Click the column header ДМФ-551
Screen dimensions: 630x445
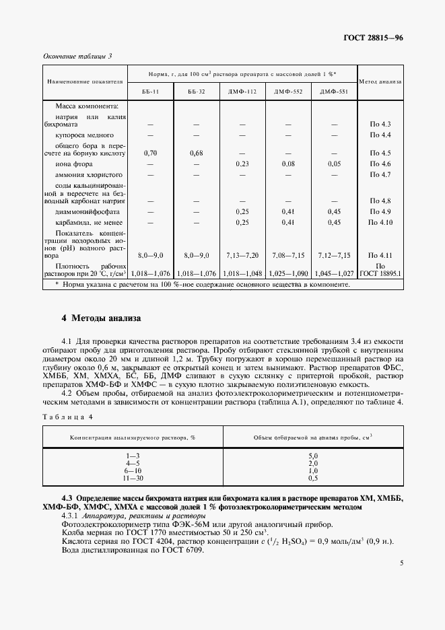pyautogui.click(x=334, y=92)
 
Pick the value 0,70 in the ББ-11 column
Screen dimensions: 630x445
pyautogui.click(x=151, y=153)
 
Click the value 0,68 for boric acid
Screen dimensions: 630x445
pyautogui.click(x=197, y=153)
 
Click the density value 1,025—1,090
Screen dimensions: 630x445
pyautogui.click(x=288, y=274)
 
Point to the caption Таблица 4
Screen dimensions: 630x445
pyautogui.click(x=67, y=418)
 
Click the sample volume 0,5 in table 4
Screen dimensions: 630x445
pyautogui.click(x=313, y=478)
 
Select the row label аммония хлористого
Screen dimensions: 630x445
pyautogui.click(x=83, y=175)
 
